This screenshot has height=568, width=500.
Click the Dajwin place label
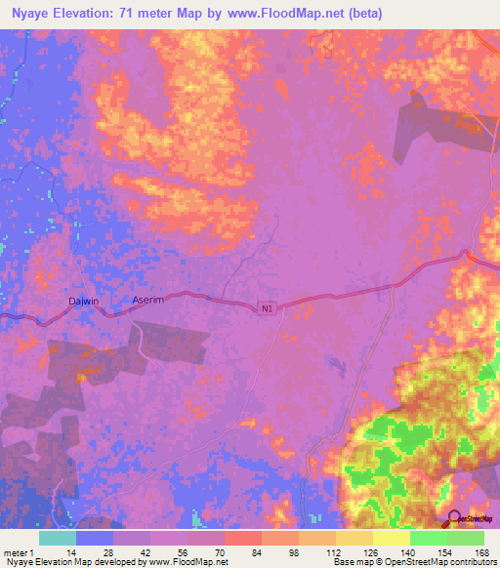click(84, 302)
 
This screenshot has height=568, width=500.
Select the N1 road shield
click(267, 308)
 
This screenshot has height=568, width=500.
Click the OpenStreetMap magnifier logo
click(454, 519)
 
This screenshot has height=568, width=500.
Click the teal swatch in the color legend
click(57, 538)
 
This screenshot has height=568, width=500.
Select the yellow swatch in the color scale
click(391, 538)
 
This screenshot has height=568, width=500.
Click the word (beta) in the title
click(360, 14)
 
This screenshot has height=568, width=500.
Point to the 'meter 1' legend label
click(20, 551)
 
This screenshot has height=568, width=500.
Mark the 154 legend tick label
click(441, 551)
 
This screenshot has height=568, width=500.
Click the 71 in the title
click(129, 14)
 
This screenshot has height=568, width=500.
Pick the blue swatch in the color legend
click(95, 538)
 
